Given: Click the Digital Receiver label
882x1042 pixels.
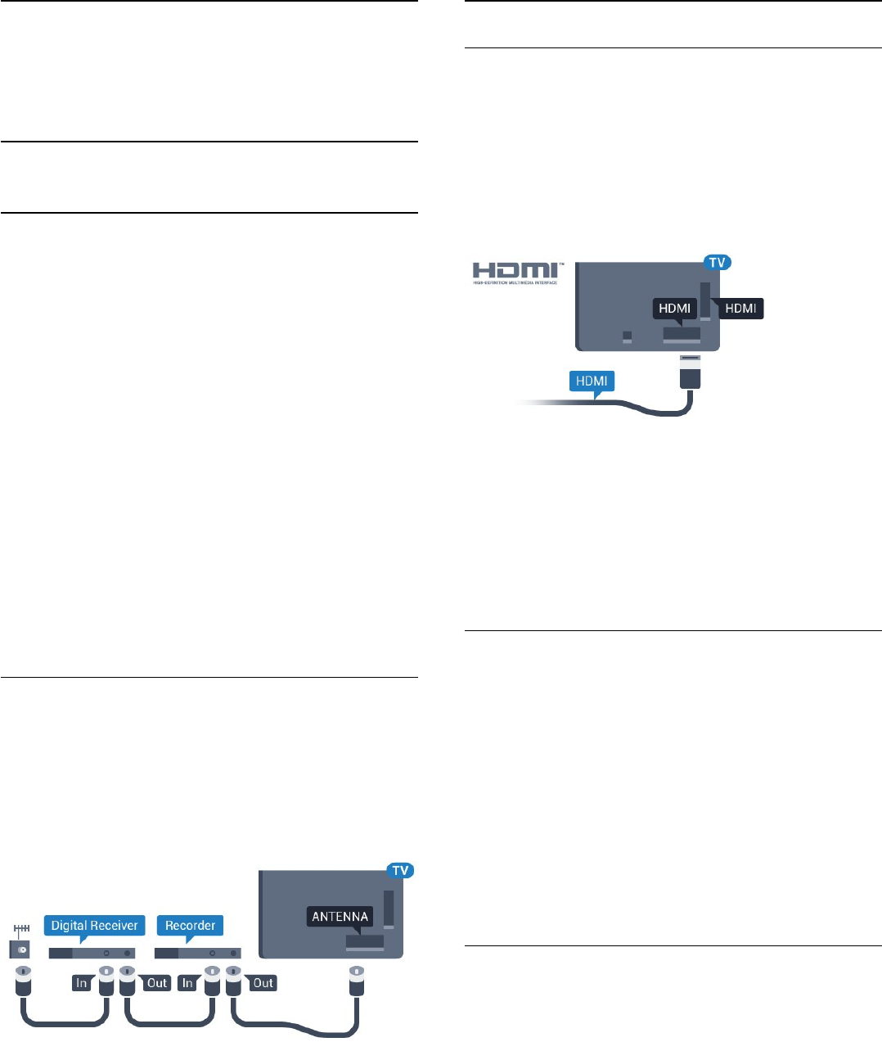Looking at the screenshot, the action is click(x=94, y=926).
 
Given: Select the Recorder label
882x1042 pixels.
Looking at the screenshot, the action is click(x=190, y=926).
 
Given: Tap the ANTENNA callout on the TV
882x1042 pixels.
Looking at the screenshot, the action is click(x=340, y=917).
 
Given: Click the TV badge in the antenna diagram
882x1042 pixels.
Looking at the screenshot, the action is click(x=400, y=870).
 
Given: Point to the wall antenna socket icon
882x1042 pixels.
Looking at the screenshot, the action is click(x=20, y=949).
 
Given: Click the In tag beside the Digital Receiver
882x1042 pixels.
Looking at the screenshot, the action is click(x=81, y=983).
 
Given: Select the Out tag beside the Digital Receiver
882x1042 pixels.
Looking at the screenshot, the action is click(x=156, y=983).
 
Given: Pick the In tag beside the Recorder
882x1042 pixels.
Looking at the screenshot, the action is click(x=187, y=983).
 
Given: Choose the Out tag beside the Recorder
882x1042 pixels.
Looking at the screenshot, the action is click(x=263, y=983).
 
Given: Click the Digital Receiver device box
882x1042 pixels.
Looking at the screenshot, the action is click(x=92, y=954).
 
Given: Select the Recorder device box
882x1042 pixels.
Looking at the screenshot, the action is click(x=197, y=954).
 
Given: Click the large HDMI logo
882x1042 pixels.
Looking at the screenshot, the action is click(x=515, y=272).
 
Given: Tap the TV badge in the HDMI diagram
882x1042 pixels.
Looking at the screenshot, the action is click(x=717, y=263).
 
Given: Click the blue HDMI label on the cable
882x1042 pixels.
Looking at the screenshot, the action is click(x=592, y=381).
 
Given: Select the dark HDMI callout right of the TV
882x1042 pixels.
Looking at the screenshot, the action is click(x=740, y=309).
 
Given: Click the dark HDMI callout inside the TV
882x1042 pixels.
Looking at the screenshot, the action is click(x=674, y=309).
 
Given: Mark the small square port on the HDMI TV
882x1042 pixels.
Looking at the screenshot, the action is click(x=627, y=336).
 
